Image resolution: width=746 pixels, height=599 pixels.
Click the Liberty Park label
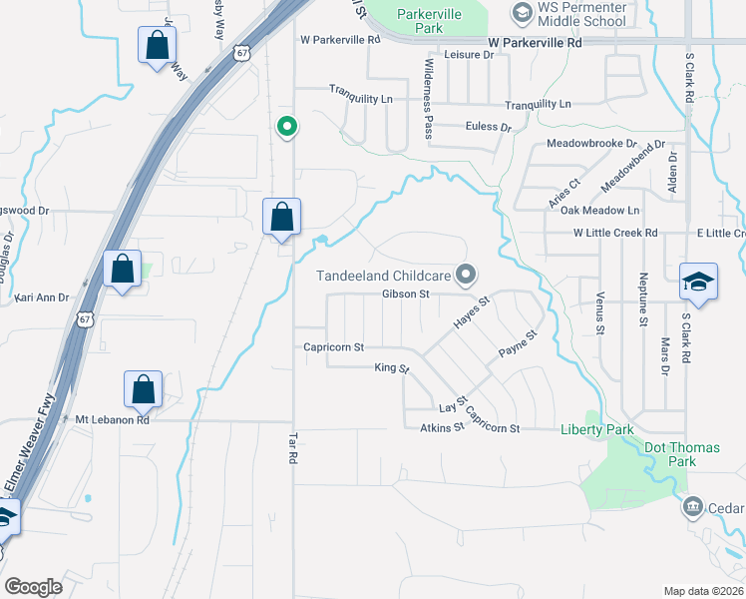596,429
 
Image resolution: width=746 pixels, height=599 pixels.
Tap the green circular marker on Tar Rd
286,127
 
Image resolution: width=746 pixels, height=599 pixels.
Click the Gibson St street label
404,295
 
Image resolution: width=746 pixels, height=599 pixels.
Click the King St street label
392,368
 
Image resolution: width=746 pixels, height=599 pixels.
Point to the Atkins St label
443,428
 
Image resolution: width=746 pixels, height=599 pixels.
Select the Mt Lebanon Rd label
112,420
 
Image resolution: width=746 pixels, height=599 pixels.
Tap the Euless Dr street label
489,127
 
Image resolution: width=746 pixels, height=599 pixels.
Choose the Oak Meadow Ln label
599,211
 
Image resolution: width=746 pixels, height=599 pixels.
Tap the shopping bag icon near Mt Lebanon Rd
144,390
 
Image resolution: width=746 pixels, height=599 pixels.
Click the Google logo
33,587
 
